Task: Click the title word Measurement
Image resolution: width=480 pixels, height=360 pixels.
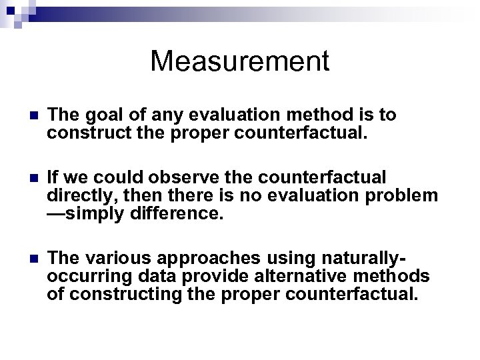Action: tap(240, 61)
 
